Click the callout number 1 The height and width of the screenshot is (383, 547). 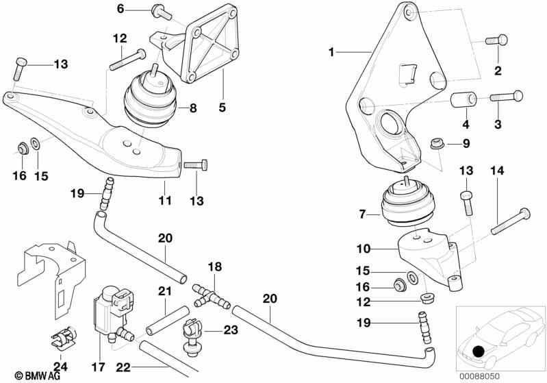331,52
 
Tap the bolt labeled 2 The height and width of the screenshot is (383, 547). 497,40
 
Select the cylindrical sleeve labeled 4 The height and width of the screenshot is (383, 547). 463,100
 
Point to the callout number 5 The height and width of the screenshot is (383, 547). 222,107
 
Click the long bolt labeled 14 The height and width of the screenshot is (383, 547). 511,221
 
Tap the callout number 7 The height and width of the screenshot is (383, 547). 362,214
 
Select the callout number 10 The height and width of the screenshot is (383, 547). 363,249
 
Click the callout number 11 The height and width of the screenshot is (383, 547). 165,200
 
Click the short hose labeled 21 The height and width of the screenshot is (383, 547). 168,320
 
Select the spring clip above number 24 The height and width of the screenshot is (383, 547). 63,338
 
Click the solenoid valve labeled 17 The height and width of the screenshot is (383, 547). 112,314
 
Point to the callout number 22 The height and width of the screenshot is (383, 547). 123,367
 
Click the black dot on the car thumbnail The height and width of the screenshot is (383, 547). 477,351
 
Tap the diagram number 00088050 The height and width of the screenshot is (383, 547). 479,376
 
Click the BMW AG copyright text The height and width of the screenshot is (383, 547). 38,375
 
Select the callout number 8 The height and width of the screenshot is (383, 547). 193,108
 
